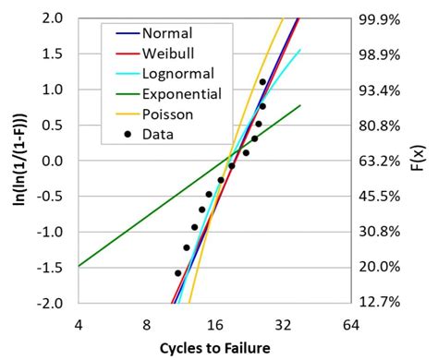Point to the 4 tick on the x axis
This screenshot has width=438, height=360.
79,324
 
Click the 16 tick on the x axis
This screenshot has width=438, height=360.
214,324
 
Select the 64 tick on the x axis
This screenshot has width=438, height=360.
350,324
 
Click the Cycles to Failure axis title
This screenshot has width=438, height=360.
215,348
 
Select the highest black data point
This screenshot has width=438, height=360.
262,82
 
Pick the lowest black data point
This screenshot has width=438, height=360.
178,273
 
